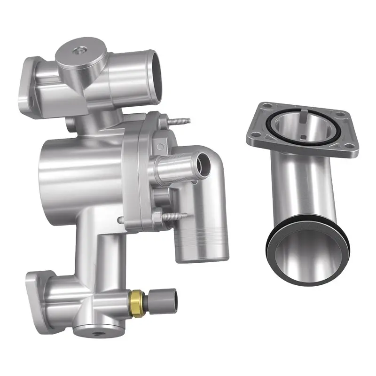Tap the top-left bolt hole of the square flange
pyautogui.click(x=267, y=106)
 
